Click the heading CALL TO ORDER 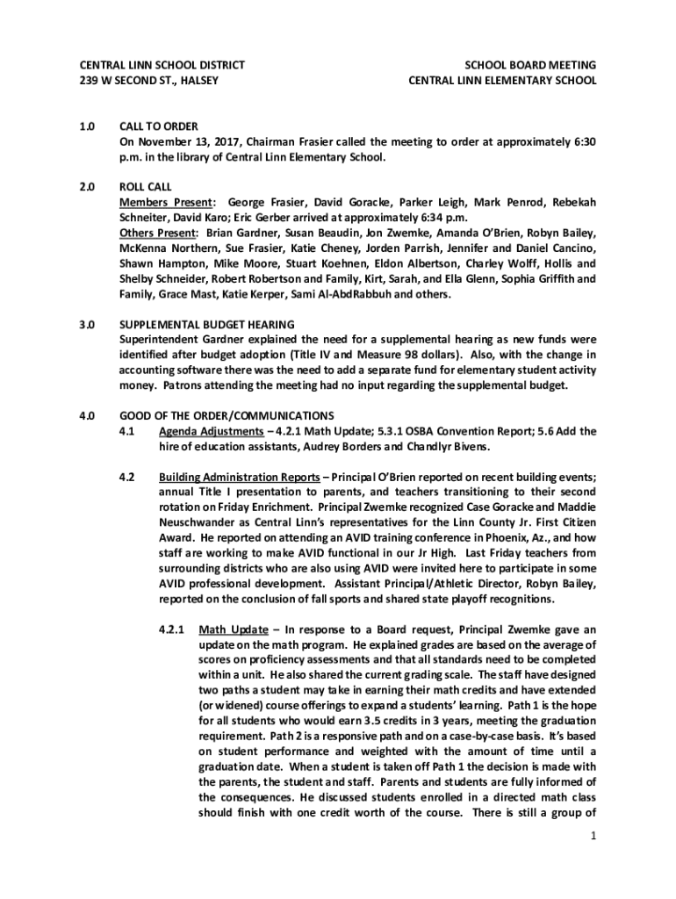(x=159, y=126)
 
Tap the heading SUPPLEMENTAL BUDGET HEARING (x=207, y=324)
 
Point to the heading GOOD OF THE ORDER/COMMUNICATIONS (x=227, y=415)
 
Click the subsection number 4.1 (x=126, y=431)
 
